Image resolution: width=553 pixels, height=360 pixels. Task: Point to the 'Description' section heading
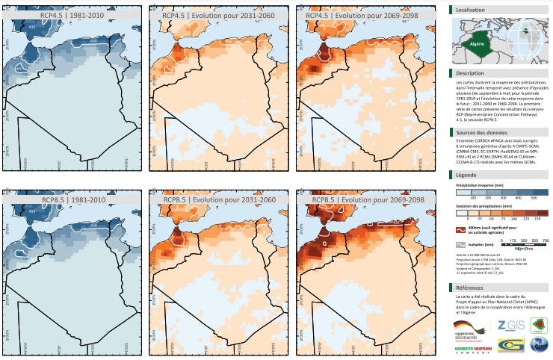click(x=471, y=73)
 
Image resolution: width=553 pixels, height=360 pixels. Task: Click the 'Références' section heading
click(x=471, y=288)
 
